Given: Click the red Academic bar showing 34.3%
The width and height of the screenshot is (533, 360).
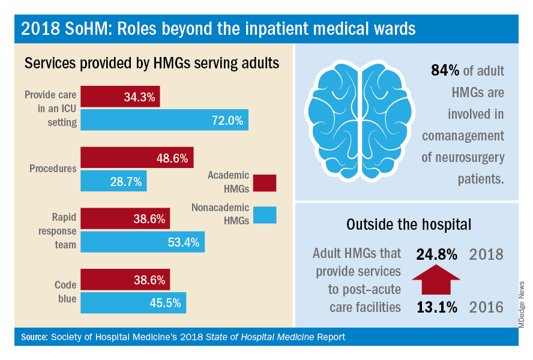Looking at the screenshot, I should coord(120,97).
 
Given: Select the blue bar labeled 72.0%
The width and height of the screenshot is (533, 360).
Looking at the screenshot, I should coord(164,120).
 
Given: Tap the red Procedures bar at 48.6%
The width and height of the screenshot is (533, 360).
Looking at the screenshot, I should coord(137,158).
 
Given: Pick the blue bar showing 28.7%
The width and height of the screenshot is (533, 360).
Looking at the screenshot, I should coord(113,181).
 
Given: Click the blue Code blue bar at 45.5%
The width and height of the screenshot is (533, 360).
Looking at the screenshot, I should coord(133,302).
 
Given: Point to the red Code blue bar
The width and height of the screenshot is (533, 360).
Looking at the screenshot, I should coord(125,280).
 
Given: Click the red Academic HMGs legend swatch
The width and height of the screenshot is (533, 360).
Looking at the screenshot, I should coord(265,182).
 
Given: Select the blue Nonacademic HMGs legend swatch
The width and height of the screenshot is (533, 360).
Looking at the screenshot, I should coord(265,214).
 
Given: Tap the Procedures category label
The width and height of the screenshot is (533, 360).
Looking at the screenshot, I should coord(53,169).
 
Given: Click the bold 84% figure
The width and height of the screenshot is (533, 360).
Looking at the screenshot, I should coord(445,71).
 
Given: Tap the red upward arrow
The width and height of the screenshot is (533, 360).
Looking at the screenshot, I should coord(436,280).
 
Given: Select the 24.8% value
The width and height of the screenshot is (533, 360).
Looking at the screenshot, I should coord(436,254).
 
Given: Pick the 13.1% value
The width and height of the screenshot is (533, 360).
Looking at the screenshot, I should coord(436,307).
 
